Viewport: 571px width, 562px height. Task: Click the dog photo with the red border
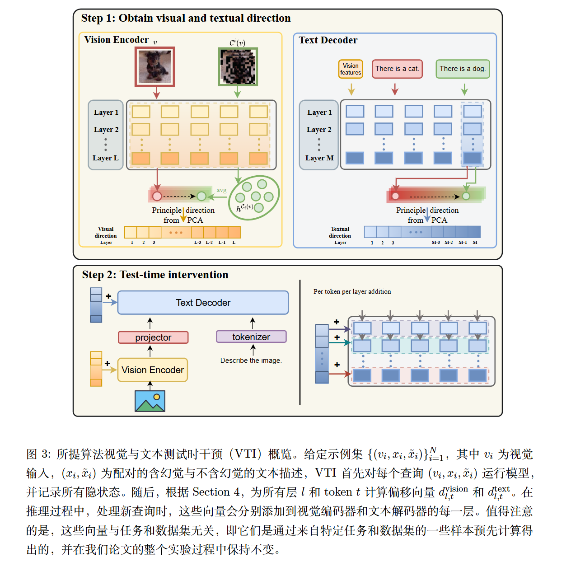point(155,67)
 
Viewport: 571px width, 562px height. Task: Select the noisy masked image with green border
point(238,67)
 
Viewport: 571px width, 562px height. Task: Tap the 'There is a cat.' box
point(397,69)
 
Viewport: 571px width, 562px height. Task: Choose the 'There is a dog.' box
point(463,69)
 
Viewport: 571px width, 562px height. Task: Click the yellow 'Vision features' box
point(351,69)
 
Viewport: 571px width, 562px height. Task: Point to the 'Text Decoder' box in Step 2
point(203,303)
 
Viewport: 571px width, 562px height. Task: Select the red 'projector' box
point(153,337)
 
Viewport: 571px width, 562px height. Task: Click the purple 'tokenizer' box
point(251,337)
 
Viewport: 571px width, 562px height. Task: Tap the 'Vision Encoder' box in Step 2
point(153,370)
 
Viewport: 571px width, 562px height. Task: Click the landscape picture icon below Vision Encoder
point(150,401)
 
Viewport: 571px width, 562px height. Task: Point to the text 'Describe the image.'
point(251,361)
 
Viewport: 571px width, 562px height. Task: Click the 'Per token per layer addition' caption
point(352,291)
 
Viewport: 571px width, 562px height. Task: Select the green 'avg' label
point(221,190)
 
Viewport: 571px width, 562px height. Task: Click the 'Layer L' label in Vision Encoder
point(106,158)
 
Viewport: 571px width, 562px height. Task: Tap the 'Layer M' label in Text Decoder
point(319,158)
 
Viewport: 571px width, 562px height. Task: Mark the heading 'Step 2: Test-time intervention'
point(155,275)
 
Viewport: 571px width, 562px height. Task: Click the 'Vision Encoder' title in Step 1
point(116,40)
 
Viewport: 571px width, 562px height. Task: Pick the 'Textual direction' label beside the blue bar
point(340,232)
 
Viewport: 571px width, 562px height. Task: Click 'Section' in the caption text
point(211,492)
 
